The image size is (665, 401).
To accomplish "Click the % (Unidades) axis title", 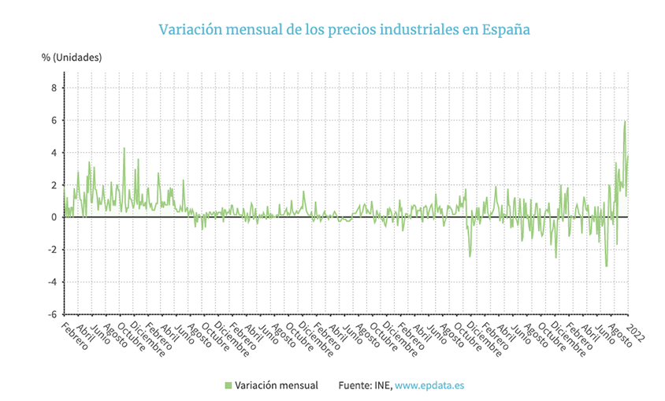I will (72, 57).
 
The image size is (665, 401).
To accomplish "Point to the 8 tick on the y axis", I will (54, 88).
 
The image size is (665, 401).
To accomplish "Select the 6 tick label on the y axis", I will (54, 121).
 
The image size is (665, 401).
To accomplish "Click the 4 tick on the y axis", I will (54, 153).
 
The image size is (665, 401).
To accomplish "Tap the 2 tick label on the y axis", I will (54, 185).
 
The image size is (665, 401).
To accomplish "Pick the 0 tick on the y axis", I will (54, 217).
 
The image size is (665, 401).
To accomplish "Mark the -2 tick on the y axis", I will (53, 250).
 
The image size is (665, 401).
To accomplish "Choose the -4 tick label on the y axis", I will (53, 282).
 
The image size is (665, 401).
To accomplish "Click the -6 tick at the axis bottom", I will (53, 314).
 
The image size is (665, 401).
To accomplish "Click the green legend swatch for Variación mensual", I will (228, 385).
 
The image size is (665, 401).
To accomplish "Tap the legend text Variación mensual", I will (277, 385).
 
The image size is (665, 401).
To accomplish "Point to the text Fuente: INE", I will (364, 385).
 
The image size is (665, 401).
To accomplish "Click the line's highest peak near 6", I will (625, 121).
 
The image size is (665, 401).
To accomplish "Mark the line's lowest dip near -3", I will (606, 266).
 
